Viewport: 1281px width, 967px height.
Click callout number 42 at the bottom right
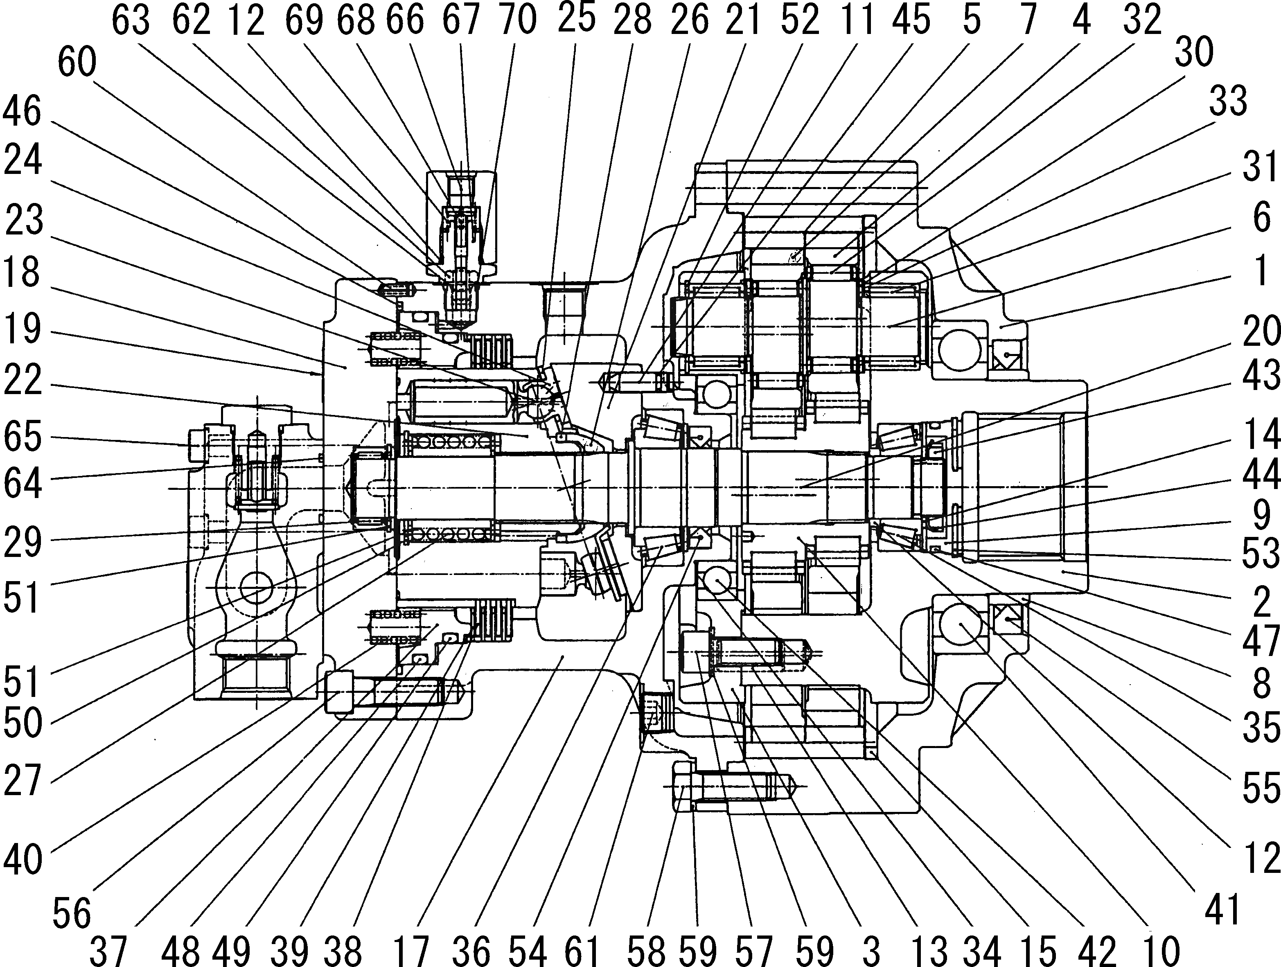1097,950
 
